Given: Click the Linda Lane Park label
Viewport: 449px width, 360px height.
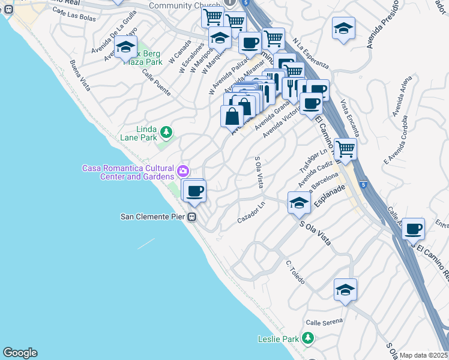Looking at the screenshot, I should coord(139,133).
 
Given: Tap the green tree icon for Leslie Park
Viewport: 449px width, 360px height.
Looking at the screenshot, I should coord(307,339).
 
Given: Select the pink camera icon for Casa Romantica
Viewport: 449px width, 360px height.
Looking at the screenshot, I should coord(183,172).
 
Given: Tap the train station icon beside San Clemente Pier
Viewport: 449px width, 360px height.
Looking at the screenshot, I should coord(192,217).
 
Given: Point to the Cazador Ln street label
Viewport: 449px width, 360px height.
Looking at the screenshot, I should coord(251,213).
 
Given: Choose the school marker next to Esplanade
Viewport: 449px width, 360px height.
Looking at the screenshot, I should coord(298,202).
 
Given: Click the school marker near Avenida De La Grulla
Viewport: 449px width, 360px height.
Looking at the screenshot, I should coord(126,47).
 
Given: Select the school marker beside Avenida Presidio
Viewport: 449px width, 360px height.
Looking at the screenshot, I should coord(343,28).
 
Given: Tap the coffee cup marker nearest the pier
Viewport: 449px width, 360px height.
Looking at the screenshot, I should coord(194,191).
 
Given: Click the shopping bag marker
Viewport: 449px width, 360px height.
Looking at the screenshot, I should coord(232,115).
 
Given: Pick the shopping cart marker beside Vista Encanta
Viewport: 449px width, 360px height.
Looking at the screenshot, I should coord(345,148).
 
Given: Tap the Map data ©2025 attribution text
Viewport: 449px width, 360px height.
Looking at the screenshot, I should coord(424,355).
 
